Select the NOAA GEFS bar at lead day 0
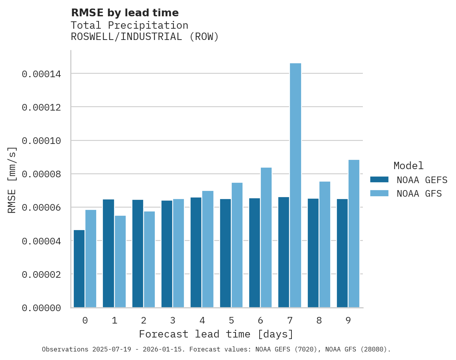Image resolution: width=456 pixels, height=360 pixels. pyautogui.click(x=79, y=269)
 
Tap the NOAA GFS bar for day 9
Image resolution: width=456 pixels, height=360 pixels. pyautogui.click(x=354, y=234)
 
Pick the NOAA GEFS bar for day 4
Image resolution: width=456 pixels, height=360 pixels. pyautogui.click(x=196, y=253)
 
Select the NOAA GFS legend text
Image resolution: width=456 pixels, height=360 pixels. pyautogui.click(x=419, y=194)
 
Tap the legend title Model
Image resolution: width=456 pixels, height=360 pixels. pyautogui.click(x=408, y=166)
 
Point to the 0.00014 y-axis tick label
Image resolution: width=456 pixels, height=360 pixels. pyautogui.click(x=42, y=74)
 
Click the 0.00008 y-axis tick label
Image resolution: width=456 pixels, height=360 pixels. pyautogui.click(x=42, y=174)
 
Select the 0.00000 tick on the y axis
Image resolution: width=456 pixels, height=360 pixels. pyautogui.click(x=42, y=308)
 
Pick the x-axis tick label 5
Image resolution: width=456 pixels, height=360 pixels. pyautogui.click(x=231, y=321)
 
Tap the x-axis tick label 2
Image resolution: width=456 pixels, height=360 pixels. pyautogui.click(x=144, y=321)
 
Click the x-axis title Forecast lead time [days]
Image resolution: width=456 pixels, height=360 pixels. pyautogui.click(x=216, y=334)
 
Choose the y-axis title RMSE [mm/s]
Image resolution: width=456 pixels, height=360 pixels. pyautogui.click(x=12, y=180)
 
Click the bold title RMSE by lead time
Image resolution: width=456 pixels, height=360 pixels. pyautogui.click(x=125, y=13)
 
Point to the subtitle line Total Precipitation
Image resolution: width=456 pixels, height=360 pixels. pyautogui.click(x=130, y=26)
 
